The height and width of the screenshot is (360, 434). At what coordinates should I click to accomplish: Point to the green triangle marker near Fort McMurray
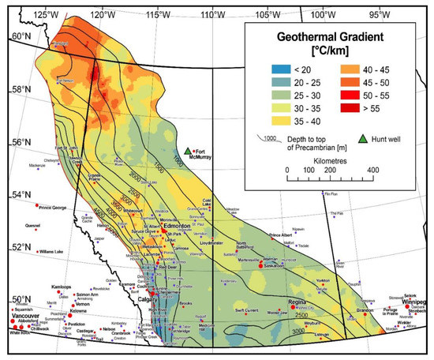(x=188, y=151)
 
